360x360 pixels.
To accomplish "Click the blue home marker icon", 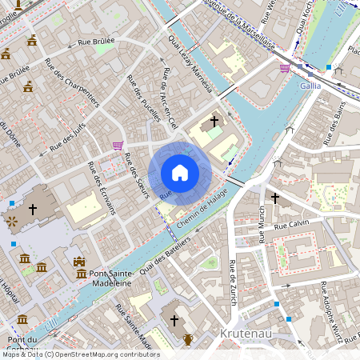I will click(180, 173).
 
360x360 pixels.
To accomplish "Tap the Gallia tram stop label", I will click(310, 85).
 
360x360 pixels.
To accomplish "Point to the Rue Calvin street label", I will click(291, 223).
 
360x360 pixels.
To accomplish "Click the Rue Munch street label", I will click(262, 223).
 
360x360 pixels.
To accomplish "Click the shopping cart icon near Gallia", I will click(285, 68).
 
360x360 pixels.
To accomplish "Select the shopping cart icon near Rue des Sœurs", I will click(118, 146).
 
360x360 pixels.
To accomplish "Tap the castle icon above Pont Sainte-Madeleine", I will click(78, 261).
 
